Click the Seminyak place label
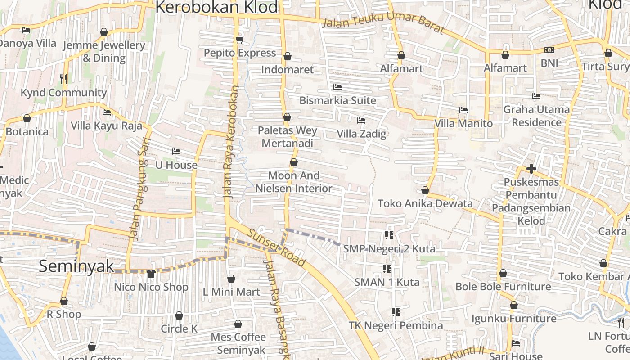coord(76,266)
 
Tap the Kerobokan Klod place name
coord(216,8)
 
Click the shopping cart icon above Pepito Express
coord(239,40)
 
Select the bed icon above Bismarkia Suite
coord(337,87)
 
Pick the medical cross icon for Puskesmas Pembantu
coord(531,169)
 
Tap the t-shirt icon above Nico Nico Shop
coord(151,273)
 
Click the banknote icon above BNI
coord(549,50)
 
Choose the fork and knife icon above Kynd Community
coord(63,79)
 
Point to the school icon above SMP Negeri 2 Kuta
coord(389,235)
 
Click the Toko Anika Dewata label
coord(425,203)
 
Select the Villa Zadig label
coord(361,134)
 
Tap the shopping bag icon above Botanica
coord(27,118)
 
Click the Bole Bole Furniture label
coord(503,287)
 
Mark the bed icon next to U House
coord(176,152)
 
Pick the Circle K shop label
coord(179,329)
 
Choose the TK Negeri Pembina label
coord(396,325)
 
